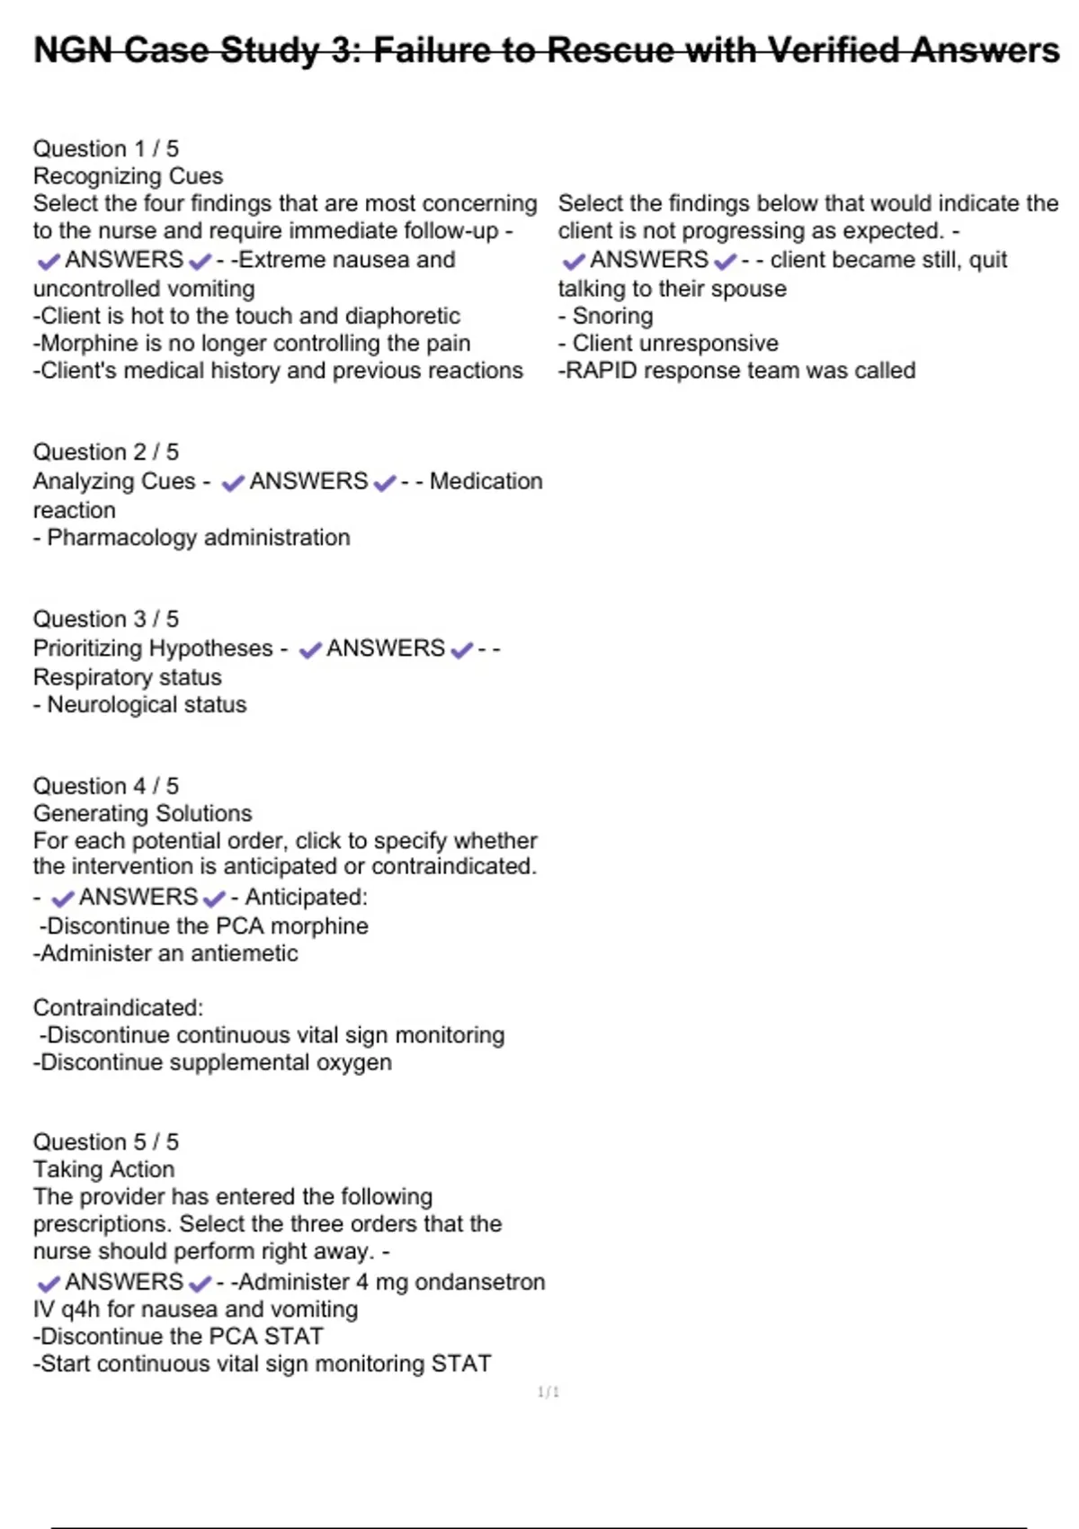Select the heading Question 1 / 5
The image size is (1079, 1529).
pos(106,148)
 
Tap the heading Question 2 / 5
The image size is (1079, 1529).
pos(106,452)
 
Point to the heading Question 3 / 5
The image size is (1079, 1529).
pos(106,619)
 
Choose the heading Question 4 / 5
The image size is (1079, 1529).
pos(106,786)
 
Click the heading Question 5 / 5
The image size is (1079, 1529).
pos(106,1141)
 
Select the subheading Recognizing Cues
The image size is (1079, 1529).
pos(128,175)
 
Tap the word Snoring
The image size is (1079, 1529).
pos(612,316)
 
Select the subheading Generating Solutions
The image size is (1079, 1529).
pos(142,813)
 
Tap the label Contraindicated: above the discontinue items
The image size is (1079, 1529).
pos(118,1007)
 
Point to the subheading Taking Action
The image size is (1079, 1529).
pos(103,1169)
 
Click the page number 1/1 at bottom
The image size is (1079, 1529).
pos(548,1392)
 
